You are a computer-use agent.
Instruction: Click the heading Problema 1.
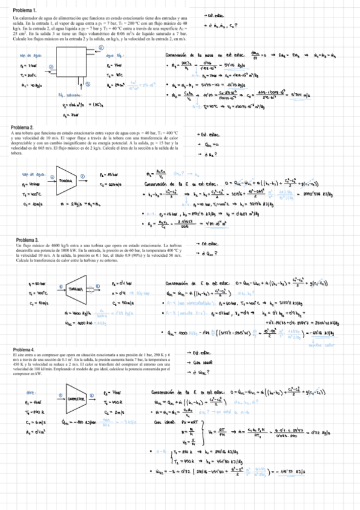point(25,11)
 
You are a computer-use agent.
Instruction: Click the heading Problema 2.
point(25,128)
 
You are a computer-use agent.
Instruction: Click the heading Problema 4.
point(25,349)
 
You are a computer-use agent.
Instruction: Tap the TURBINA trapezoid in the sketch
point(76,289)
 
